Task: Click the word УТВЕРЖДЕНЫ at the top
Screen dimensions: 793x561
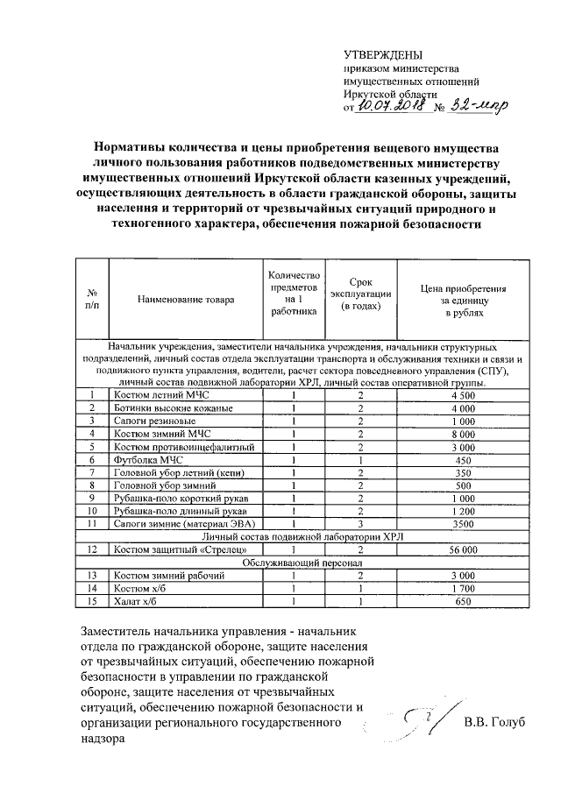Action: (377, 55)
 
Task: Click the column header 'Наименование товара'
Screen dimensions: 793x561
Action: (185, 300)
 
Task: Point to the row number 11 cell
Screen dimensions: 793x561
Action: (91, 523)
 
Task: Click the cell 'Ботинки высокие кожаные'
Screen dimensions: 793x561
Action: (168, 408)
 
